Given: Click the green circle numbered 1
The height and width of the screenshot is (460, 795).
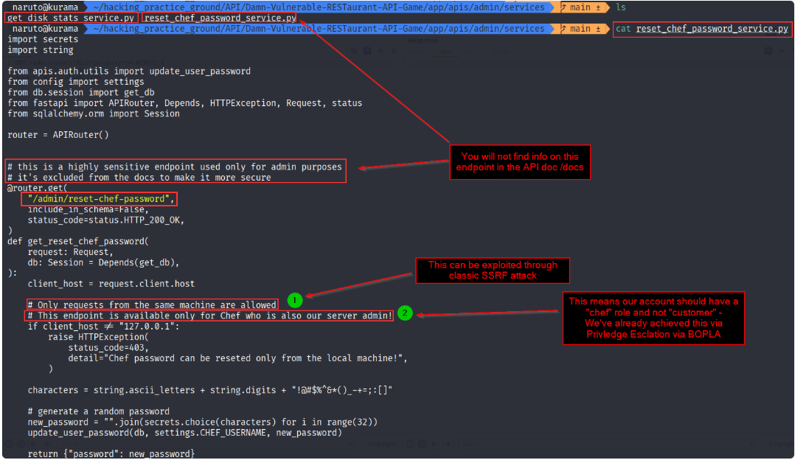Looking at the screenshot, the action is tap(294, 301).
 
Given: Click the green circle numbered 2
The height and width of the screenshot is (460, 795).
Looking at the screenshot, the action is tap(405, 313).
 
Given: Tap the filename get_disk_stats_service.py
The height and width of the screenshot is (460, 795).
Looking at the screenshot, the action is tap(71, 18).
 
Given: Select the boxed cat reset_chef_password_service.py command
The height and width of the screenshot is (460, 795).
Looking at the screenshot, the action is tap(702, 29).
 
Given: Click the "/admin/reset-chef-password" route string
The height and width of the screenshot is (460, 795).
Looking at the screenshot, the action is tap(99, 198).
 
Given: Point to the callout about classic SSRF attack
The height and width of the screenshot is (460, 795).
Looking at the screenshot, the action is tap(493, 271).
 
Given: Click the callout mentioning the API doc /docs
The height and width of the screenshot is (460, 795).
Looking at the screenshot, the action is tap(520, 162).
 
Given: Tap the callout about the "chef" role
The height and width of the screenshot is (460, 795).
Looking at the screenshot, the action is tap(653, 318).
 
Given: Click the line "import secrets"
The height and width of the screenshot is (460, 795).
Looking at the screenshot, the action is tap(43, 40).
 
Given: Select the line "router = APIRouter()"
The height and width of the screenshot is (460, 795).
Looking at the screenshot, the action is tap(58, 135).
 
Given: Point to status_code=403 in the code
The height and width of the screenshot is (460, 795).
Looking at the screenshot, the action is tap(108, 347).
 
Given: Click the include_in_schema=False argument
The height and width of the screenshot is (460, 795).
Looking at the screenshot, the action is tap(88, 209).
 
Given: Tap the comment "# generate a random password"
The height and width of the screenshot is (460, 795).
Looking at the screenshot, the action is tap(99, 411).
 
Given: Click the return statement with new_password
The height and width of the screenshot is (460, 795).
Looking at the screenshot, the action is tap(111, 453).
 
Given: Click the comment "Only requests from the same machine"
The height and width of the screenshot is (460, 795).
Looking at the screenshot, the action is tap(152, 304).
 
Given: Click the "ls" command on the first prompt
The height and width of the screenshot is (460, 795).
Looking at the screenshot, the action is tap(621, 7).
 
